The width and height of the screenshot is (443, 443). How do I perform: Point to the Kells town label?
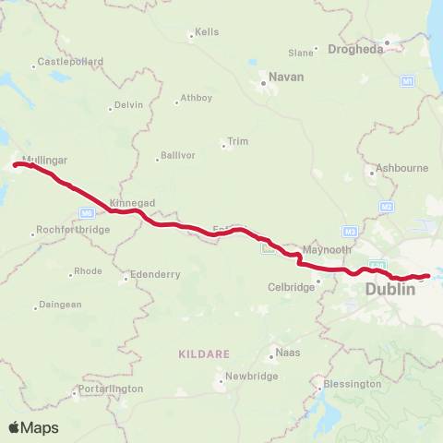[207, 32]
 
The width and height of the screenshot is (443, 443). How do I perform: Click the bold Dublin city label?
[390, 290]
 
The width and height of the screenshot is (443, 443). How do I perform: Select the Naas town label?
[288, 353]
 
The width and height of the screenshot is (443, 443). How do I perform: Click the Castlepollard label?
[69, 62]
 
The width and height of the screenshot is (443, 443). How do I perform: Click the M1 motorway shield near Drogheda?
[407, 82]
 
